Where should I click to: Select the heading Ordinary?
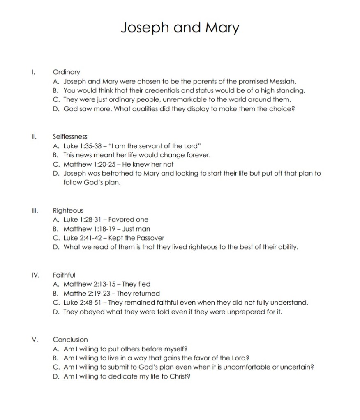(x=67, y=72)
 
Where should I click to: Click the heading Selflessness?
(x=70, y=137)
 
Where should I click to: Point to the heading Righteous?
(x=68, y=211)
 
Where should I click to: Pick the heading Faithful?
(x=64, y=275)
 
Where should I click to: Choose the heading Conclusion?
(x=70, y=340)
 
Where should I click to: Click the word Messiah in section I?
(x=283, y=81)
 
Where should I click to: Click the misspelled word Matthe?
(x=74, y=294)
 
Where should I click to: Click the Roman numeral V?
(x=35, y=340)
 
